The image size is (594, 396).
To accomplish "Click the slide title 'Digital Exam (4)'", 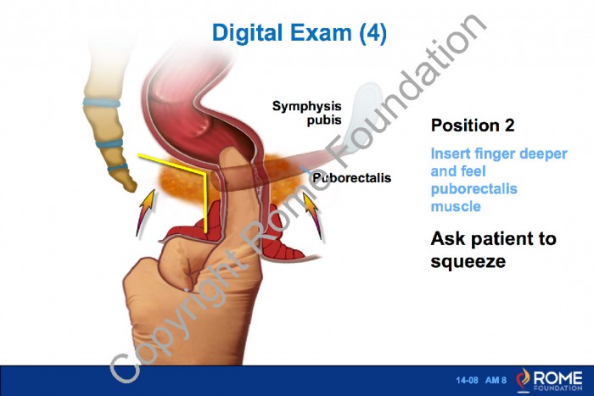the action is point(300,32).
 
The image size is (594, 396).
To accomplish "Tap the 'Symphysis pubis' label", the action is point(307,113).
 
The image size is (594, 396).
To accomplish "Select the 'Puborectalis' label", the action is point(351,177).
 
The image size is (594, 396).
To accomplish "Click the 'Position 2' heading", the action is point(473,125).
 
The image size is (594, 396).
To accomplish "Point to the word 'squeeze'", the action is point(468,262).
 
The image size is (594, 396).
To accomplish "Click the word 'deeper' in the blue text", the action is point(543,154).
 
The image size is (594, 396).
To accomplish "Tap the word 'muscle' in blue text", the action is point(456,207).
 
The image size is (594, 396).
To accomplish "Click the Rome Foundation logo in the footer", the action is point(549,380).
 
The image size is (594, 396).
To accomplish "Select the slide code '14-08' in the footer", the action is point(467,380).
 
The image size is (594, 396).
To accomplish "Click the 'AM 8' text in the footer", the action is point(496,380).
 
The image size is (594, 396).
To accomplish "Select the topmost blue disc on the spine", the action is point(102,103).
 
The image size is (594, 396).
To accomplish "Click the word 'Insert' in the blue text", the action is point(450,153).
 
